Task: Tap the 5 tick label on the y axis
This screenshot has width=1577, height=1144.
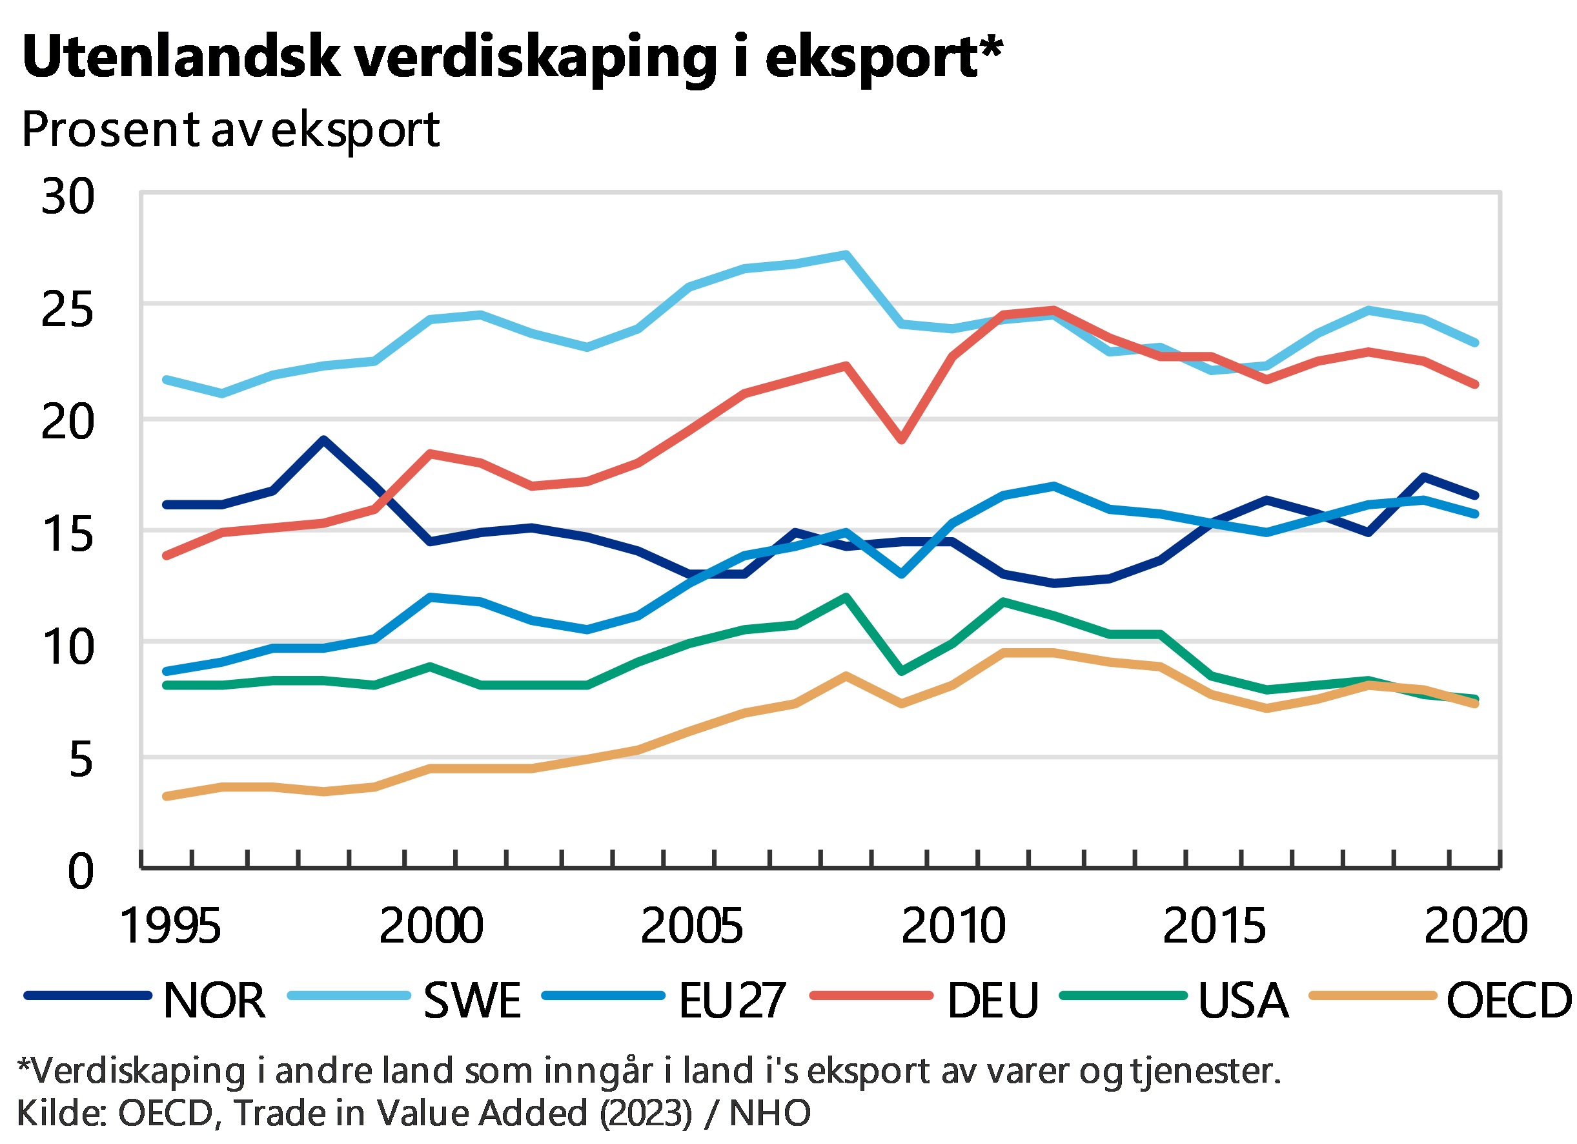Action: click(81, 759)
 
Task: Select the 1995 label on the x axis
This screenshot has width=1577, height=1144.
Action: click(170, 926)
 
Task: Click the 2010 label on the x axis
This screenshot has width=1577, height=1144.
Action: click(953, 926)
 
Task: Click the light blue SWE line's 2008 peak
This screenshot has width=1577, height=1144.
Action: click(845, 254)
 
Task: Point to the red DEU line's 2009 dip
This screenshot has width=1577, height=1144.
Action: click(902, 440)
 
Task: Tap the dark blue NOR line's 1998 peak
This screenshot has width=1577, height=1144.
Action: click(323, 440)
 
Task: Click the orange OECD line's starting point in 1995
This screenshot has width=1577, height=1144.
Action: click(166, 796)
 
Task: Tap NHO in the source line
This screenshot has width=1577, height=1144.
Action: click(769, 1114)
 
